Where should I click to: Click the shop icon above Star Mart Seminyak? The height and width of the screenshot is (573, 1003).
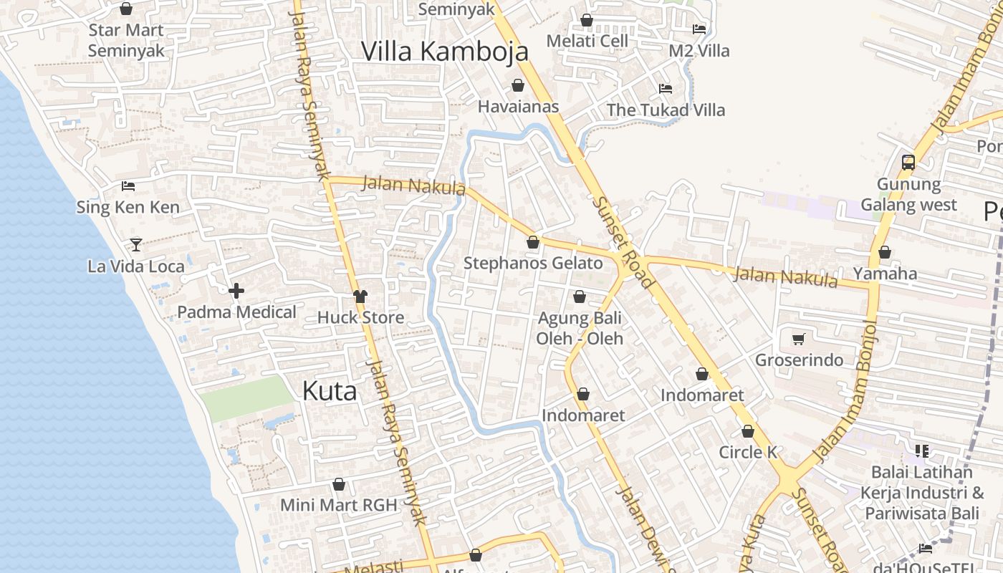click(x=126, y=9)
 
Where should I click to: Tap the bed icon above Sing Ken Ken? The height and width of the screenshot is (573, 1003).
click(x=128, y=186)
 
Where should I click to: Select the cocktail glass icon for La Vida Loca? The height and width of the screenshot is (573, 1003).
click(x=135, y=245)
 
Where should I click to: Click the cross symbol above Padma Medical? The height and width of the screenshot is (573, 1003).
click(x=236, y=291)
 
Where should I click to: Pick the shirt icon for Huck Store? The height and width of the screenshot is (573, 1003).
click(x=360, y=297)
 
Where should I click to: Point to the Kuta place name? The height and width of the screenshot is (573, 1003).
click(x=329, y=391)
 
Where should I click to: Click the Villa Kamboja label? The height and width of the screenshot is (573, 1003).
click(x=444, y=52)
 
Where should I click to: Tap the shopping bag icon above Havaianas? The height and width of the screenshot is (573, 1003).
click(x=518, y=86)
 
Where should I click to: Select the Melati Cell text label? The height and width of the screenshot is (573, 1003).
click(x=587, y=41)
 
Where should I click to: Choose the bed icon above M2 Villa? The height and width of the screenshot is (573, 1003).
click(x=699, y=29)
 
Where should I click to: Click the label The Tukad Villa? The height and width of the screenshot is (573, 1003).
click(x=666, y=110)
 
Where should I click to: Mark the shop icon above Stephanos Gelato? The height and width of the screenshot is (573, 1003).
click(x=533, y=242)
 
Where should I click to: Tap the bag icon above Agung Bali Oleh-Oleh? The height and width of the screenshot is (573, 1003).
click(x=580, y=297)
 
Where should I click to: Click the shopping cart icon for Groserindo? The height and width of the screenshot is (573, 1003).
click(x=799, y=339)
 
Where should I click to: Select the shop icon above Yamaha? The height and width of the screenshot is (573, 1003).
click(x=885, y=252)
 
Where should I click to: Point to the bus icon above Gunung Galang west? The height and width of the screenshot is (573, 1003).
click(x=908, y=163)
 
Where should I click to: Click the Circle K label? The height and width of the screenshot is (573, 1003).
click(x=748, y=452)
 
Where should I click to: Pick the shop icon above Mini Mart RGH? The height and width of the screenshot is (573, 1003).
click(x=339, y=485)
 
